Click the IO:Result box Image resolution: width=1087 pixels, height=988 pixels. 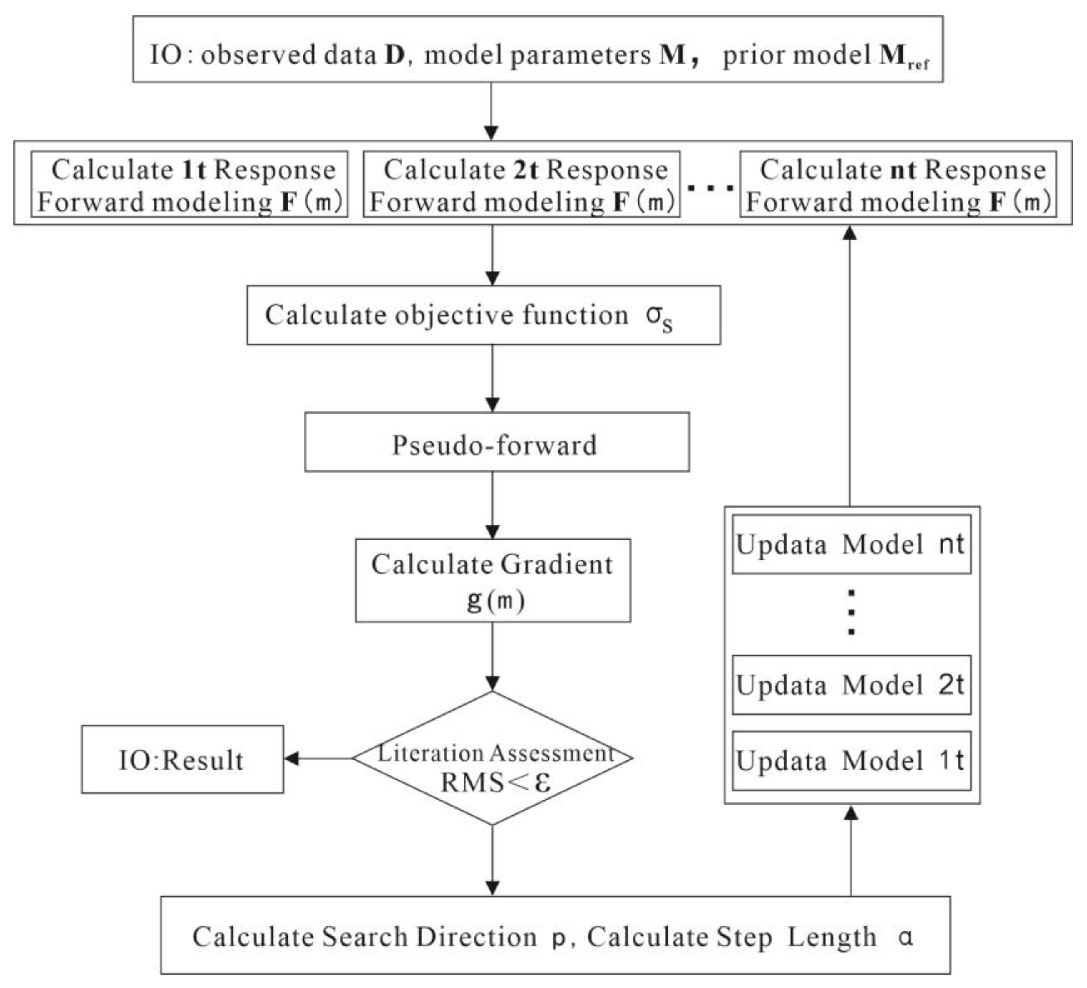click(182, 760)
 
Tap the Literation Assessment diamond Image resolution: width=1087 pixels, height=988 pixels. click(492, 758)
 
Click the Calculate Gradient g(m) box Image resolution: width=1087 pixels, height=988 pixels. click(492, 580)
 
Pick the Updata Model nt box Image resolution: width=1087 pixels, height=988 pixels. click(851, 545)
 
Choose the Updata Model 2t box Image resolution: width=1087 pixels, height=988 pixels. click(851, 686)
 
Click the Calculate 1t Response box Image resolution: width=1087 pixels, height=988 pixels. click(189, 184)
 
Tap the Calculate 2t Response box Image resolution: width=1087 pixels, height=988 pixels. click(521, 184)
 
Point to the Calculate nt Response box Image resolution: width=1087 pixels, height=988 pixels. click(898, 184)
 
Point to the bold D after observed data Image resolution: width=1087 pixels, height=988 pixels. click(394, 55)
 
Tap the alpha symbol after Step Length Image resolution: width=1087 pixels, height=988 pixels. click(906, 937)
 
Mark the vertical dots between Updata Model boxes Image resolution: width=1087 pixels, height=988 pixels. click(851, 612)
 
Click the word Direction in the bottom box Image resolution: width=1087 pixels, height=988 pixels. click(476, 937)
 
